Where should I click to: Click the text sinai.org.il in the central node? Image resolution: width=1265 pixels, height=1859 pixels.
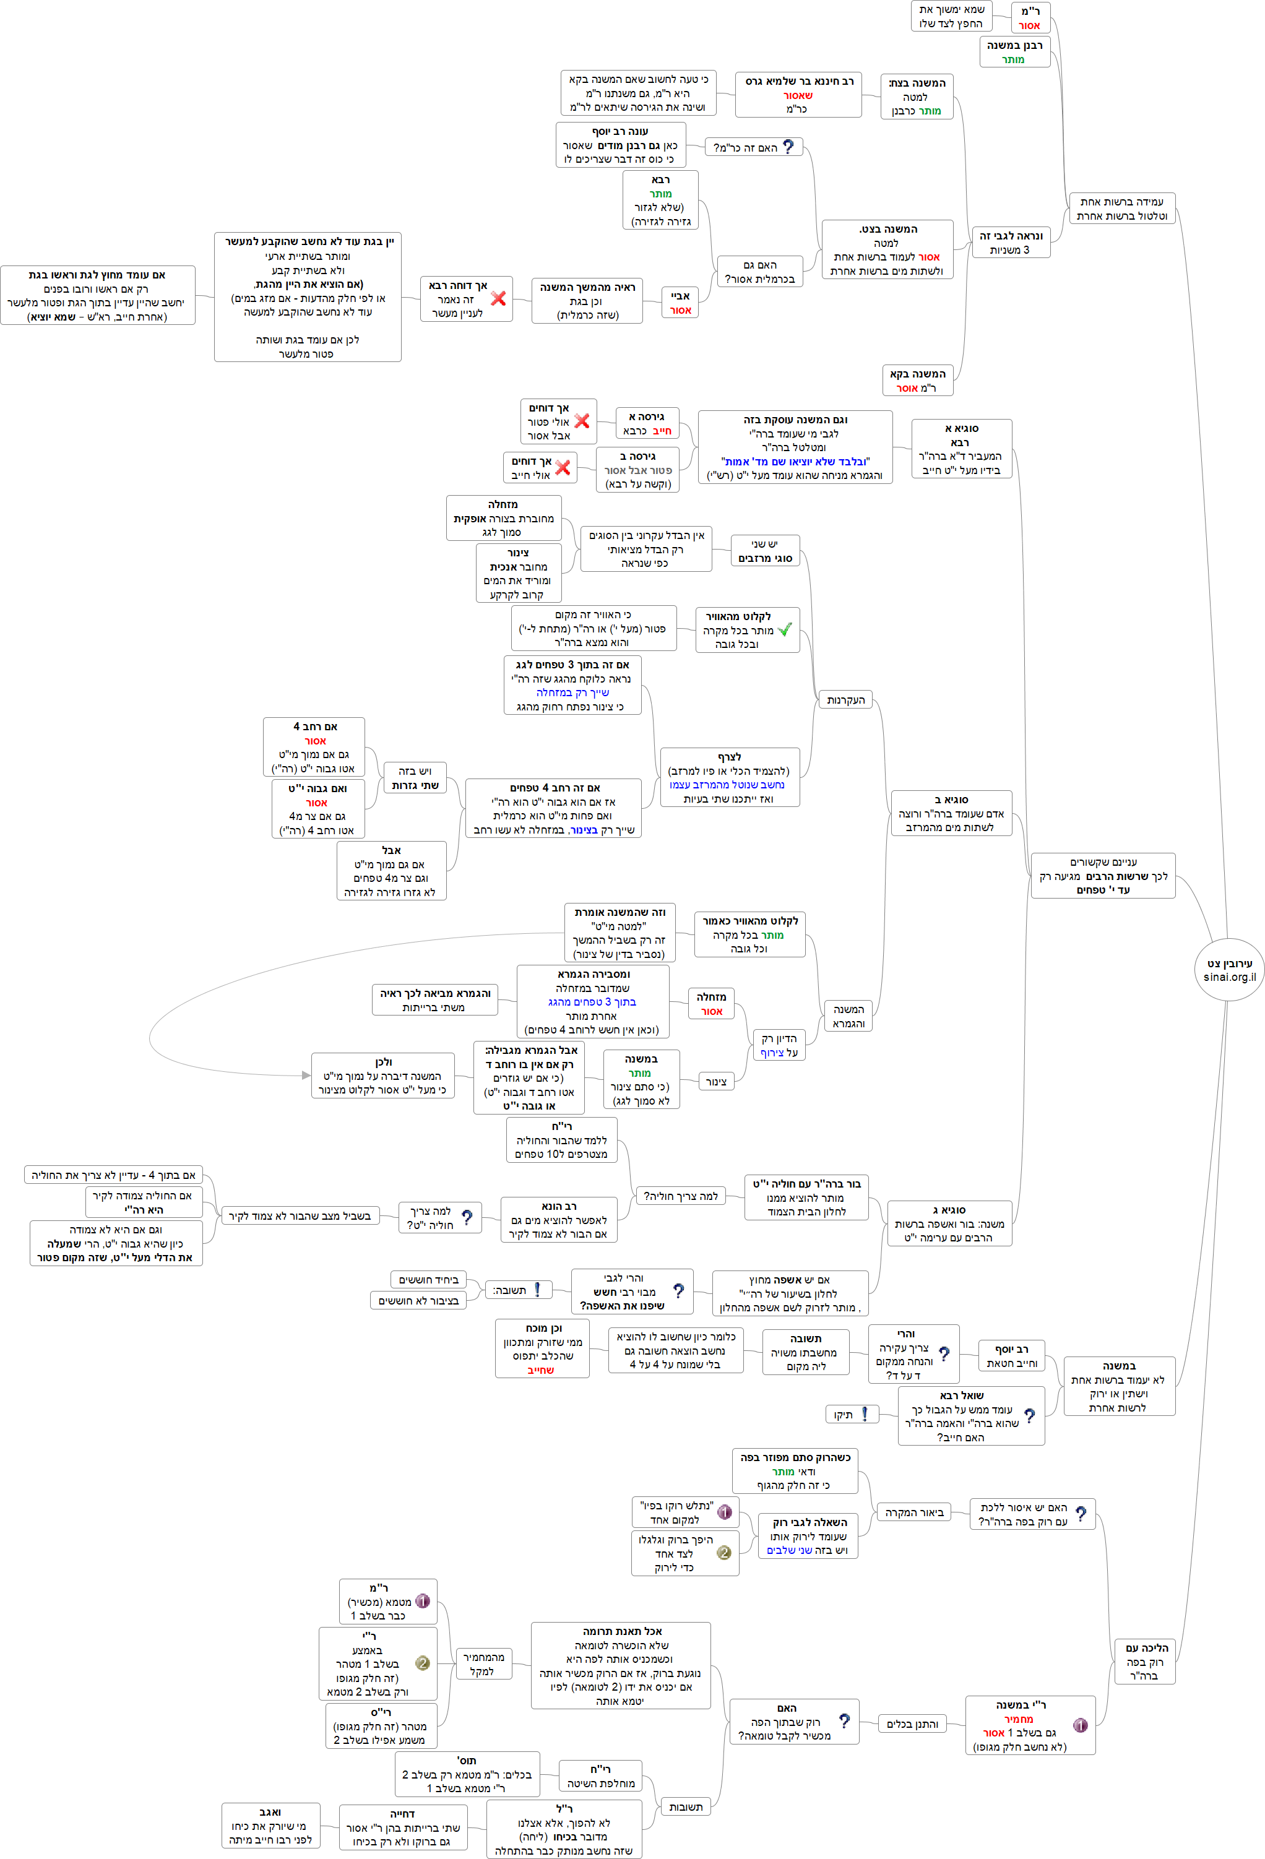point(1229,977)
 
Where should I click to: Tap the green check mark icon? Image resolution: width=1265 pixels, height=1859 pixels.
point(784,629)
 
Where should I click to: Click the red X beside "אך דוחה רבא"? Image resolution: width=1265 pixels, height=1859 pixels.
point(498,298)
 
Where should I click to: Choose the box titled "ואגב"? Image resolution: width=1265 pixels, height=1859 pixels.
point(270,1826)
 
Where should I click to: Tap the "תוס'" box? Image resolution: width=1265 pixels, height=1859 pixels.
point(465,1774)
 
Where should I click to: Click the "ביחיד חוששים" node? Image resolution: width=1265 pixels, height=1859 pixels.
point(428,1280)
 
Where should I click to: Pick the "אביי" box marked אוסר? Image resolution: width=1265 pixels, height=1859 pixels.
point(680,303)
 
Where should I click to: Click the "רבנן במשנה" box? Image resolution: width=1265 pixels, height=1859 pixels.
point(1014,52)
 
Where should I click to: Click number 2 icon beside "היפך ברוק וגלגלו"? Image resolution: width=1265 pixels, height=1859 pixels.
point(724,1553)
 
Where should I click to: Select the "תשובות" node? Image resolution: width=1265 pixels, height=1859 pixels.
point(685,1807)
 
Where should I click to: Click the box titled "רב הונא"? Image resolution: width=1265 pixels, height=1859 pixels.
point(558,1219)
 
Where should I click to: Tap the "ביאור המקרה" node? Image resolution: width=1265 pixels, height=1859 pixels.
point(913,1512)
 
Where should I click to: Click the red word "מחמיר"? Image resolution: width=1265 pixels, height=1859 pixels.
point(1019,1719)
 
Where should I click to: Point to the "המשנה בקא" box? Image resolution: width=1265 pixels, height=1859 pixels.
point(918,381)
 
